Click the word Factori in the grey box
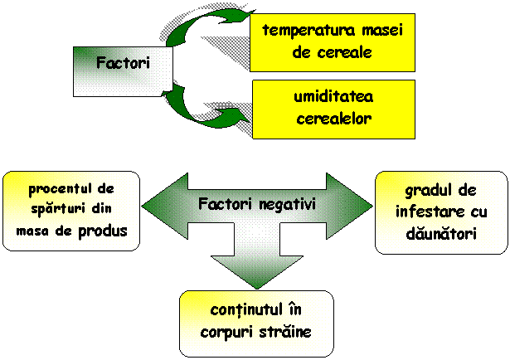pyautogui.click(x=123, y=62)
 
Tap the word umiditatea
pyautogui.click(x=333, y=98)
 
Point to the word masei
pyautogui.click(x=381, y=31)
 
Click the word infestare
pyautogui.click(x=423, y=212)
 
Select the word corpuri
pyautogui.click(x=226, y=331)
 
